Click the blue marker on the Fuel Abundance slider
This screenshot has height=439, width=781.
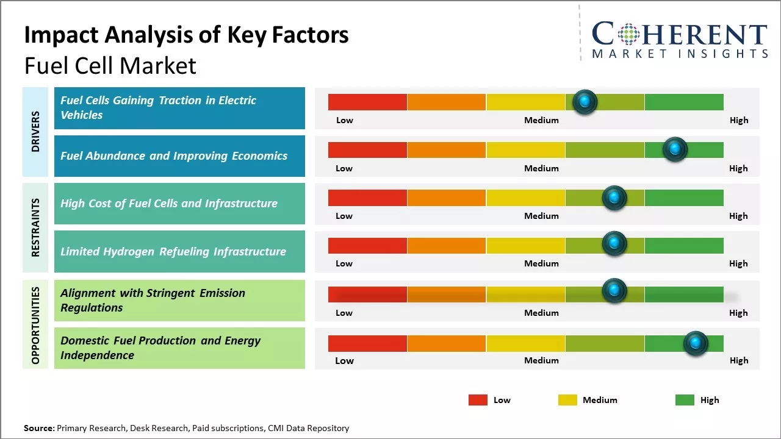click(675, 149)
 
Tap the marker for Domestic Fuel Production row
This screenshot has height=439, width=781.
click(695, 343)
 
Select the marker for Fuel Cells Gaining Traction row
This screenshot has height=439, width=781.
click(585, 102)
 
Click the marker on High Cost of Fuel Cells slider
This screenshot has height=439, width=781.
click(614, 198)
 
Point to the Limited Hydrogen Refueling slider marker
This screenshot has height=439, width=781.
click(614, 243)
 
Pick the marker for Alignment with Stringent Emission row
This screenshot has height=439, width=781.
click(614, 291)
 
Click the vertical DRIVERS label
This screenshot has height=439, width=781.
click(35, 132)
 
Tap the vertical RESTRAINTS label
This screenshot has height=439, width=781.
click(35, 227)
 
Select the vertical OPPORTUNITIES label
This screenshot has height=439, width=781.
click(35, 325)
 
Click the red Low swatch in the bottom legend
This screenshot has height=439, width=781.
click(478, 400)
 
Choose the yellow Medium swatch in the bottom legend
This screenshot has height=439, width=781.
click(567, 400)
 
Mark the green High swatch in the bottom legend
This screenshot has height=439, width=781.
click(685, 400)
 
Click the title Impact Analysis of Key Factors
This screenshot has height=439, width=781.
click(186, 35)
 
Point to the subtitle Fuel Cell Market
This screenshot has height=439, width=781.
click(110, 66)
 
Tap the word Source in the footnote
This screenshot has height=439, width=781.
click(38, 429)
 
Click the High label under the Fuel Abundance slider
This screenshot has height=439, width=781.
click(738, 168)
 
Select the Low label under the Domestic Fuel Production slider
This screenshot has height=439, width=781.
click(344, 360)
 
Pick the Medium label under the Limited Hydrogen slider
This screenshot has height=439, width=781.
click(541, 263)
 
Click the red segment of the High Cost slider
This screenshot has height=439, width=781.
click(367, 198)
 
